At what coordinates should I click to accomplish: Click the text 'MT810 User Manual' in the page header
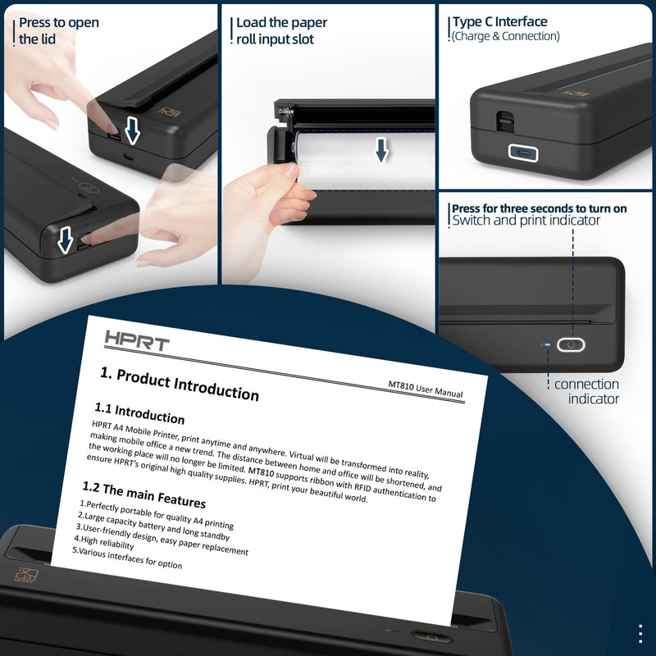coord(426,389)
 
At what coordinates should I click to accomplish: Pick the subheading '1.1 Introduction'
coord(139,412)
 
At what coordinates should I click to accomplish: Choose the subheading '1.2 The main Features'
coord(143,494)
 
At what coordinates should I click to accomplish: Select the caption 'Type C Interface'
coord(499,22)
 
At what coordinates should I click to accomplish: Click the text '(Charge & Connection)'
coord(506,36)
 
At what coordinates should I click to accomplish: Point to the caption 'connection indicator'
coord(586,391)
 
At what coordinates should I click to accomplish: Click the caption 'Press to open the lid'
coord(58,30)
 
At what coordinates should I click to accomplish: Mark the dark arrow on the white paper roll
coord(380,149)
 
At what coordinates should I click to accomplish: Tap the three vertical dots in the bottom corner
coord(640,634)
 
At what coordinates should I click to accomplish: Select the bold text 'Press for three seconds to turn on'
coord(539,208)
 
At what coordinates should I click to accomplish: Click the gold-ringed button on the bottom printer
coord(423,635)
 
